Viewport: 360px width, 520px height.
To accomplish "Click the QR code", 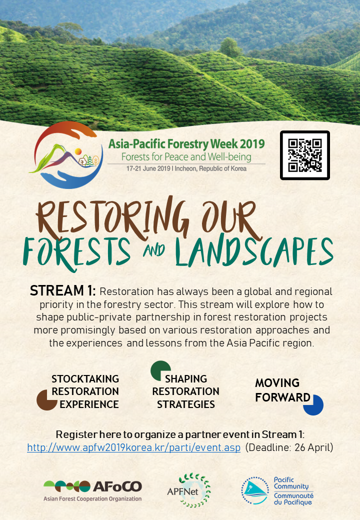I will tap(304, 155).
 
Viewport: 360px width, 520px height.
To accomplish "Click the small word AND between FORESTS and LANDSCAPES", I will tap(154, 250).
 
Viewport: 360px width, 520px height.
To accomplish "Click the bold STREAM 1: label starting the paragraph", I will tap(63, 291).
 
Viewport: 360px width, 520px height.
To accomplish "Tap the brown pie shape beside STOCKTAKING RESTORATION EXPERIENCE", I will tap(46, 400).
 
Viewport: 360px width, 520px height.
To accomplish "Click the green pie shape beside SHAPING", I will tap(160, 370).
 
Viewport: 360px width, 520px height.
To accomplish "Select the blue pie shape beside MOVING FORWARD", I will tap(313, 405).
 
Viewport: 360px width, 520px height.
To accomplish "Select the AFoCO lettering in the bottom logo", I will tap(117, 486).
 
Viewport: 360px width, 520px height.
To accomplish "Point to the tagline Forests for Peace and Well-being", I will tap(186, 157).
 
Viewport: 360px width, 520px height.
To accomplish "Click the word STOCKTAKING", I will tap(85, 379).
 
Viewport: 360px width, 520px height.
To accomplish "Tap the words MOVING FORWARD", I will tap(281, 390).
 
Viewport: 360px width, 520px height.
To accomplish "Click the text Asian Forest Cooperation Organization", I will tap(92, 498).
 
